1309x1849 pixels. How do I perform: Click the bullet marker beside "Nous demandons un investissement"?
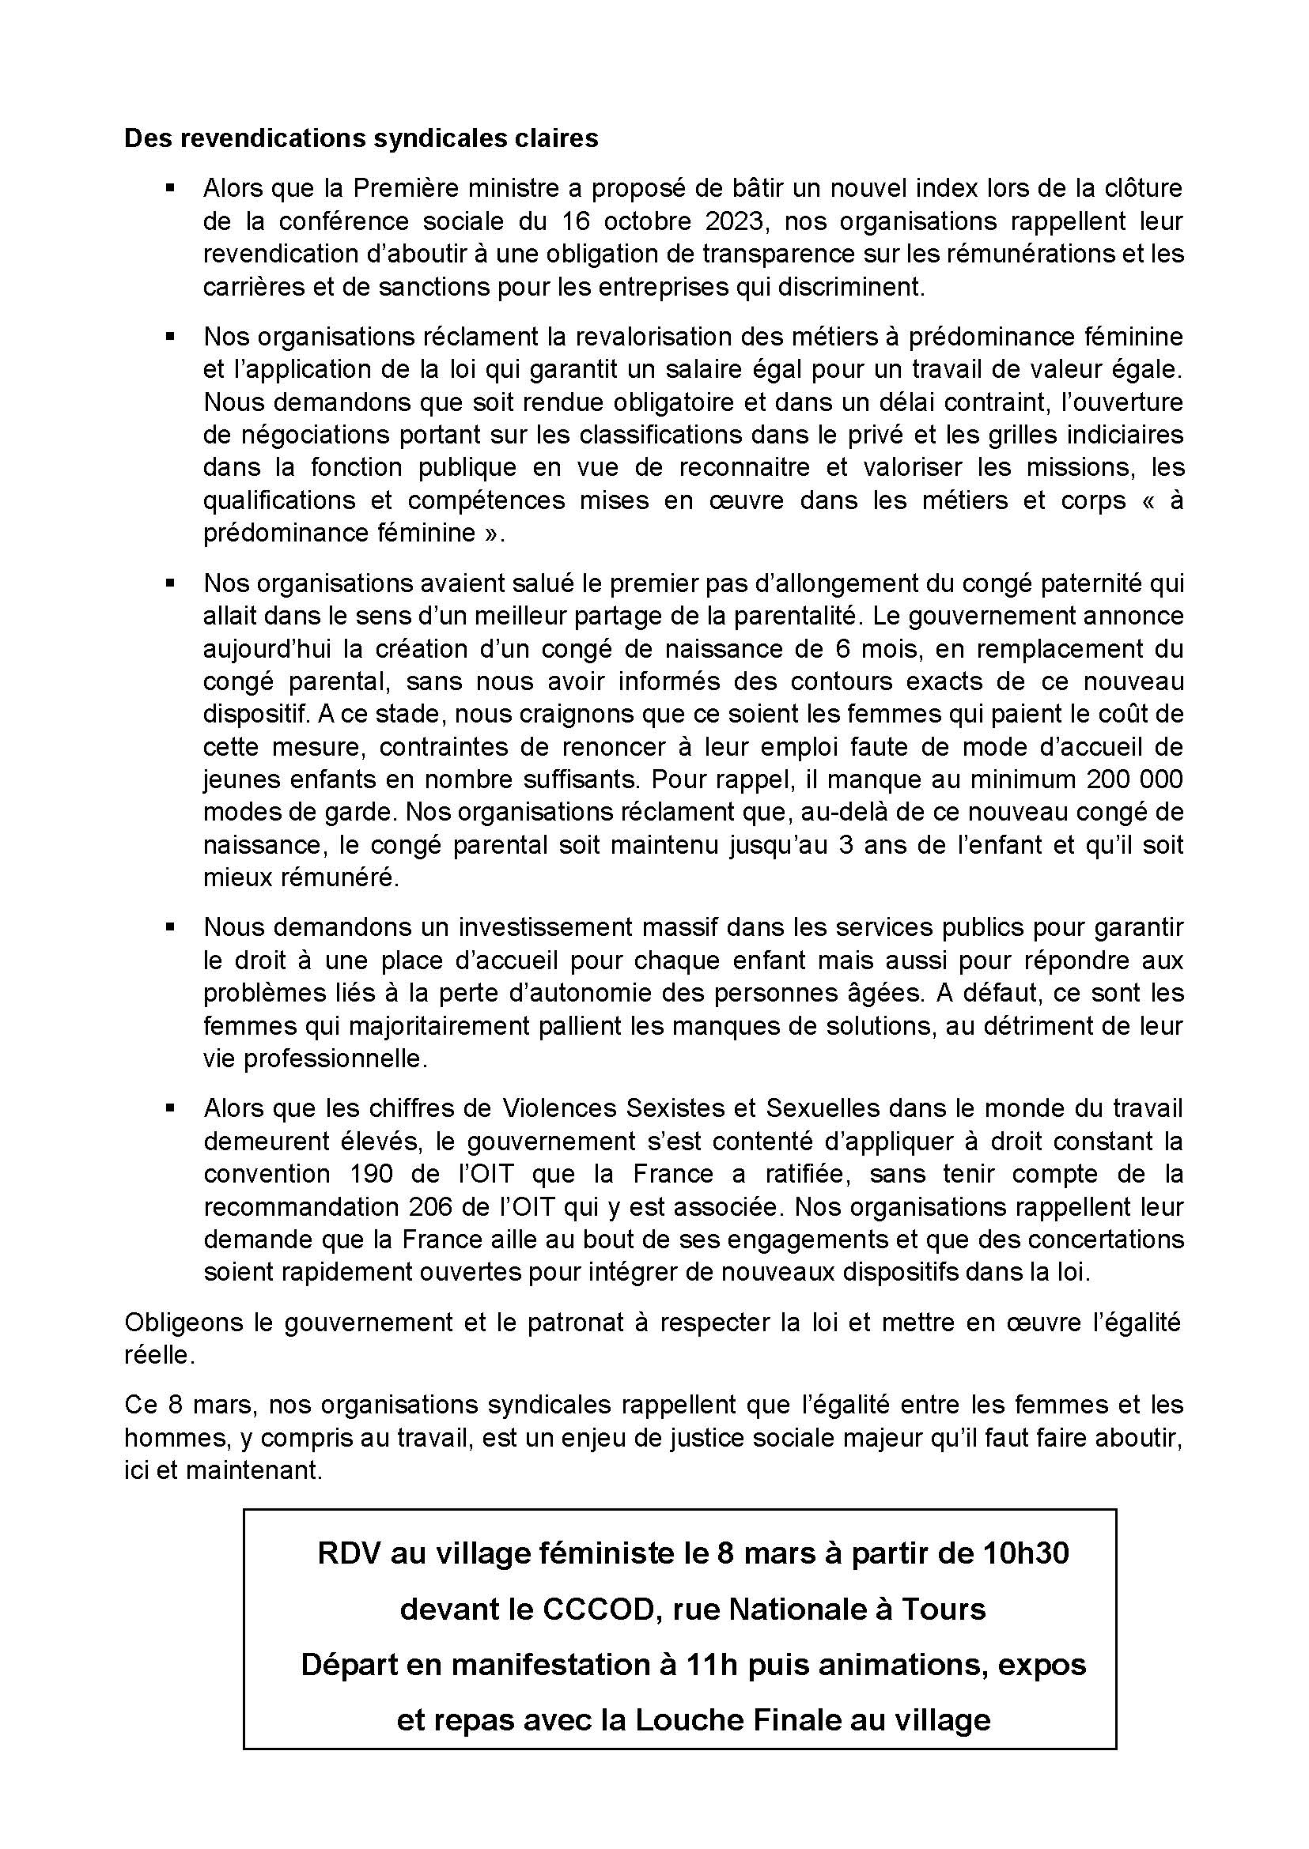point(170,927)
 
